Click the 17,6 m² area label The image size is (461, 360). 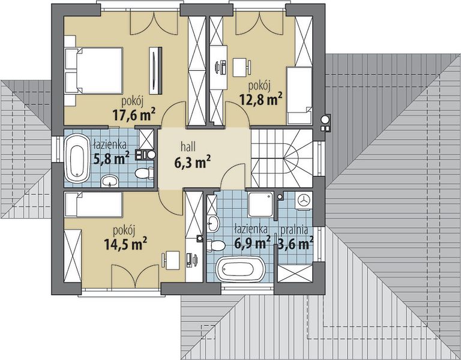click(x=134, y=115)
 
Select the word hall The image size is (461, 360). click(x=188, y=146)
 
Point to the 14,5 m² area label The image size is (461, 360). click(x=125, y=244)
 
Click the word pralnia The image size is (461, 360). click(x=294, y=230)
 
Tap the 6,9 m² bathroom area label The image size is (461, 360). click(x=253, y=244)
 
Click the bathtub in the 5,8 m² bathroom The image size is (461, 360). click(x=77, y=158)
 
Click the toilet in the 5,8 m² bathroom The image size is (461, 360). click(x=144, y=173)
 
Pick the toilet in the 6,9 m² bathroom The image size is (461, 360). click(x=216, y=245)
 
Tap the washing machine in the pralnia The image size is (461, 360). click(x=303, y=201)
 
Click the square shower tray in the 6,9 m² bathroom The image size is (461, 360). click(x=261, y=205)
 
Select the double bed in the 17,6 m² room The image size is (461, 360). click(x=94, y=71)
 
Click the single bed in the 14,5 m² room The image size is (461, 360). click(x=93, y=205)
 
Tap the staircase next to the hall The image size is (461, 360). click(x=282, y=158)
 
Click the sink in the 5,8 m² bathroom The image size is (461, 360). click(x=110, y=181)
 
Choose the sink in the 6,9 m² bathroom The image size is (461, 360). click(x=212, y=223)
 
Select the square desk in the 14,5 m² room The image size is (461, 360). click(x=172, y=260)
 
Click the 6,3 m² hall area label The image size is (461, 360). click(x=193, y=163)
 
